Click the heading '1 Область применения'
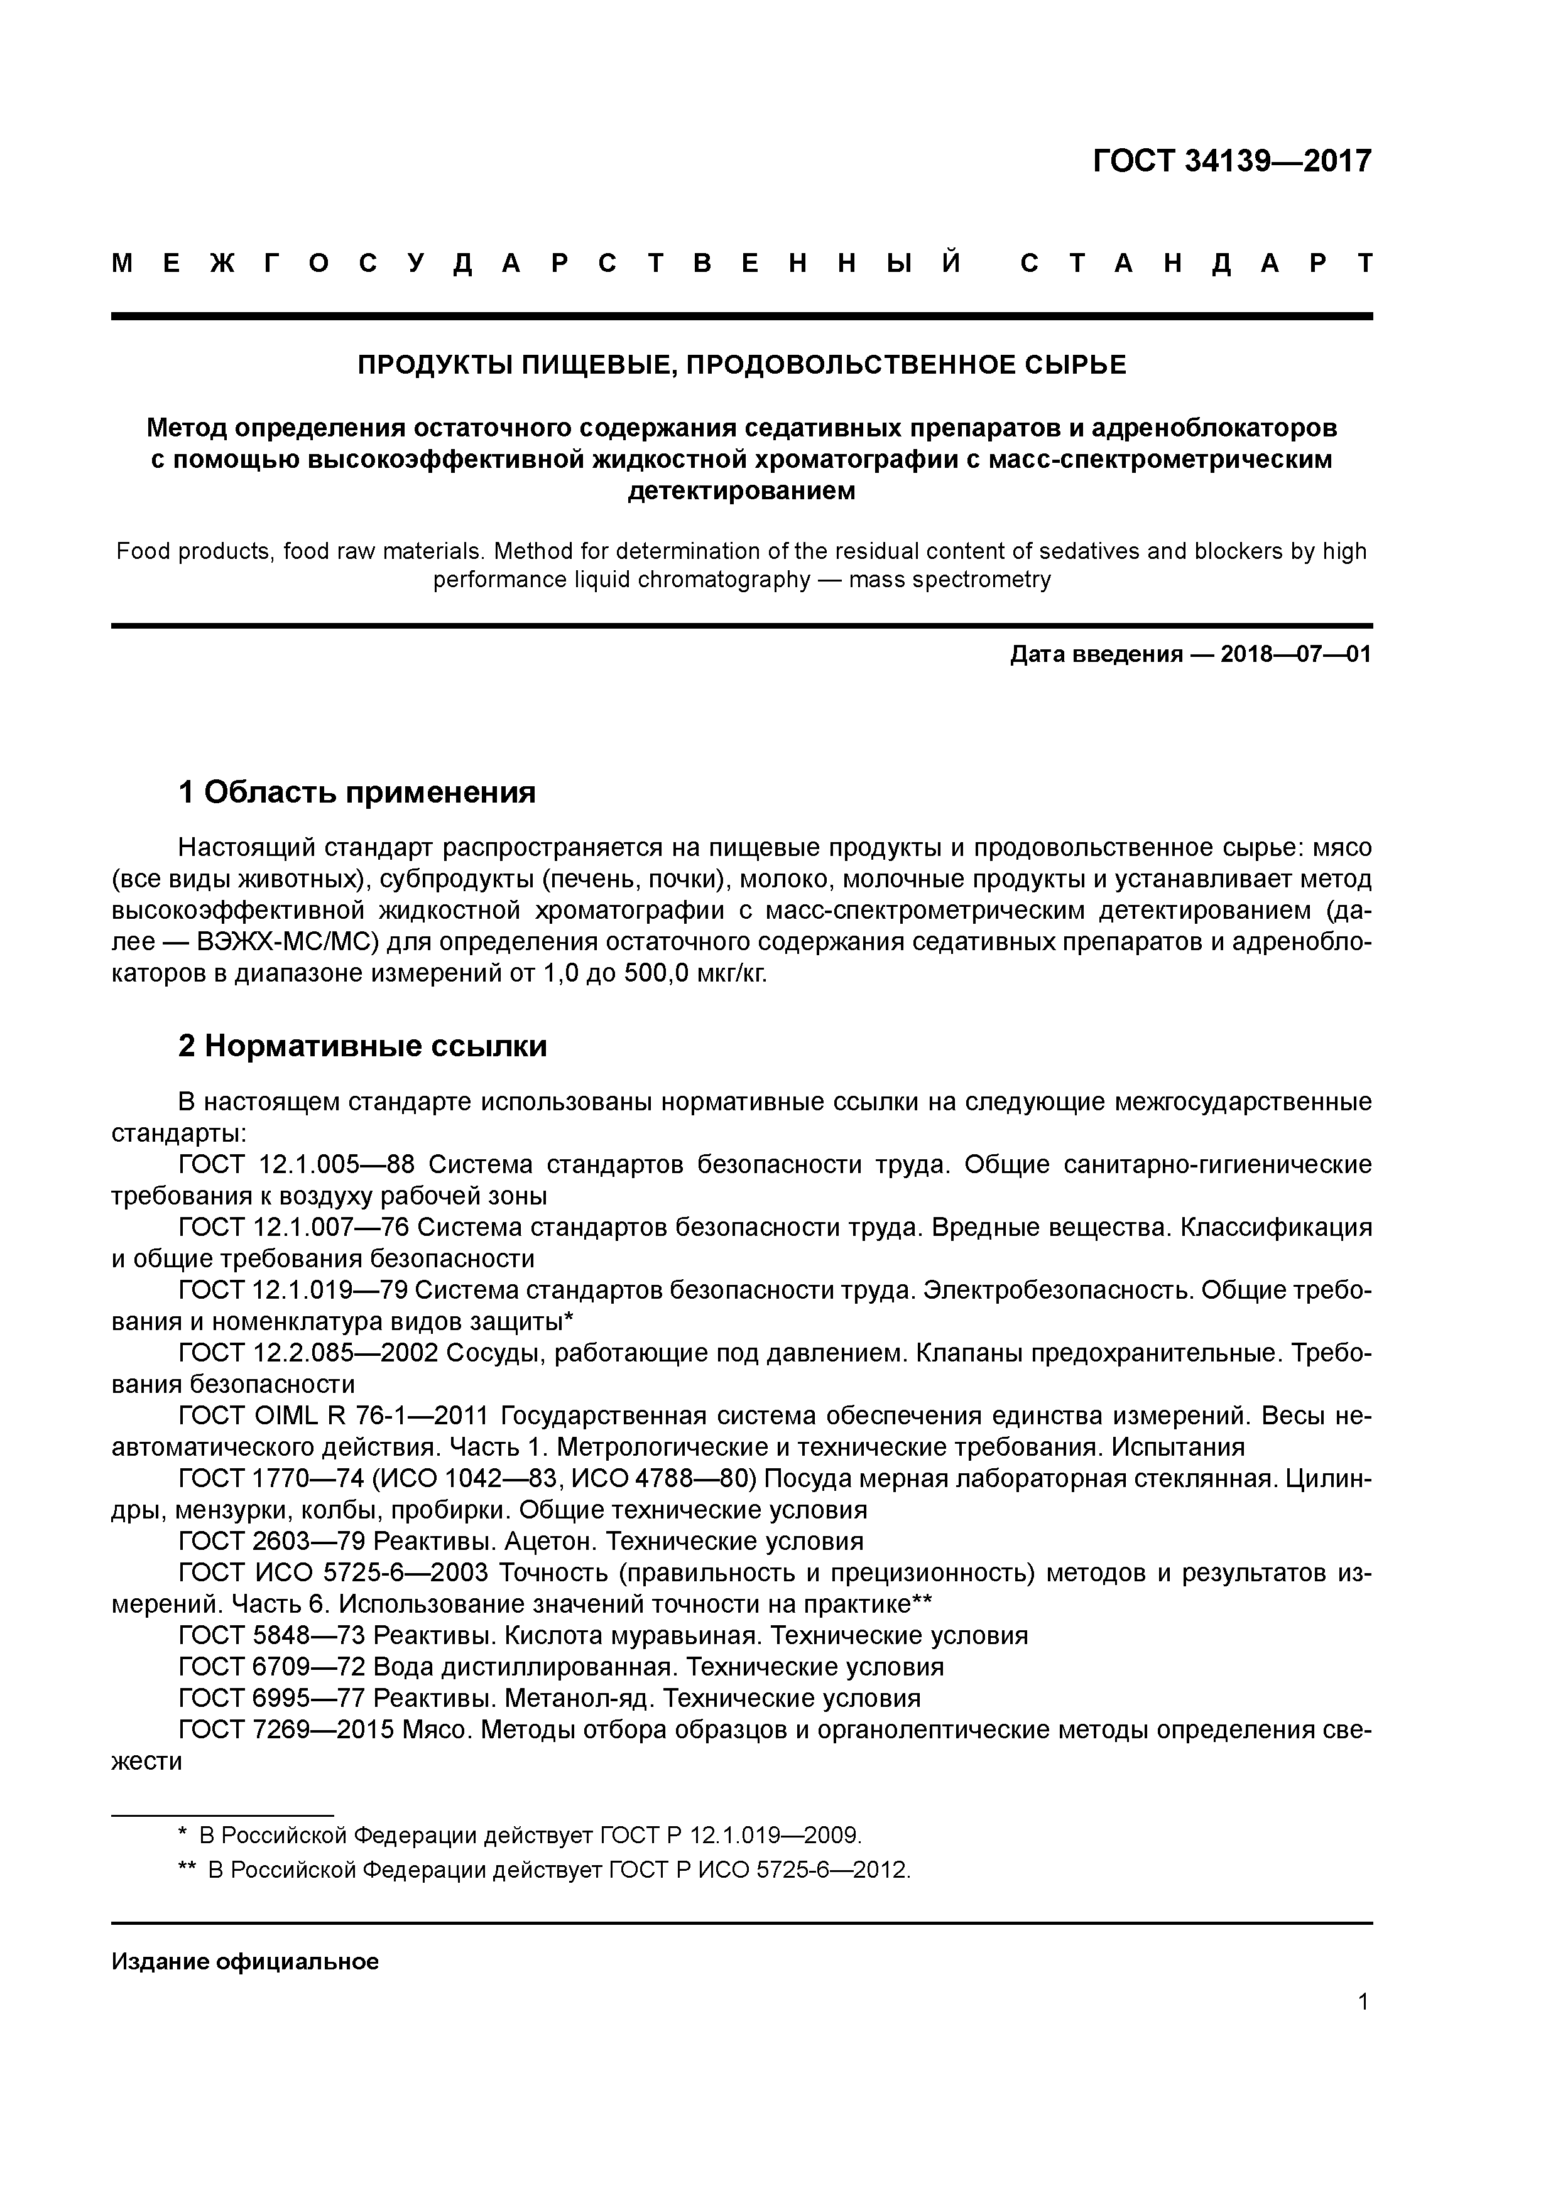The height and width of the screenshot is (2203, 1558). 356,793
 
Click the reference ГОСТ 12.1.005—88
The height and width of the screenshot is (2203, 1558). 296,1165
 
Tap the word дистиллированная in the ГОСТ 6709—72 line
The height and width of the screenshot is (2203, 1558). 567,1667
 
